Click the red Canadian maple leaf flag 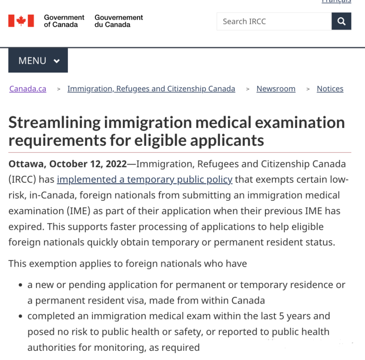click(21, 21)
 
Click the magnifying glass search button click(341, 22)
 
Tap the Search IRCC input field click(274, 22)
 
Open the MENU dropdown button click(38, 61)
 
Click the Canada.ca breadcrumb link click(28, 89)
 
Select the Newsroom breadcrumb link click(276, 89)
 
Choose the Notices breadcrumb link click(330, 89)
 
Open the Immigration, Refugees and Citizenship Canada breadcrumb click(151, 89)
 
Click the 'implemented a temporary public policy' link click(145, 179)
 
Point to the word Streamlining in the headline click(54, 123)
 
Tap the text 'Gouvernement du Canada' click(119, 21)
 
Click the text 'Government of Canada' click(64, 21)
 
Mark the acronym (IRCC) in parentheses click(22, 179)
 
